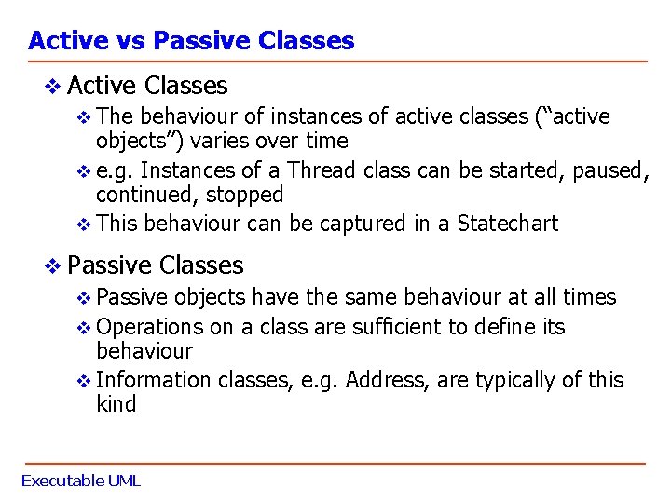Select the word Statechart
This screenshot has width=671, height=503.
[508, 224]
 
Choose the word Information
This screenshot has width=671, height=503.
[154, 380]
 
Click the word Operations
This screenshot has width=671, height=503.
[149, 327]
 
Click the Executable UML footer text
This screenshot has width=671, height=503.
[80, 482]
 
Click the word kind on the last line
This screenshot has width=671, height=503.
[116, 404]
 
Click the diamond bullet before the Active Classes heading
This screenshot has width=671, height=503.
[54, 87]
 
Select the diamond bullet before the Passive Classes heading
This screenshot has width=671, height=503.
[54, 266]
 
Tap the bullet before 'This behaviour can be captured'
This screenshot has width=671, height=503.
[85, 224]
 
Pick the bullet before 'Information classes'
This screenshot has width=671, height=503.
[85, 381]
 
